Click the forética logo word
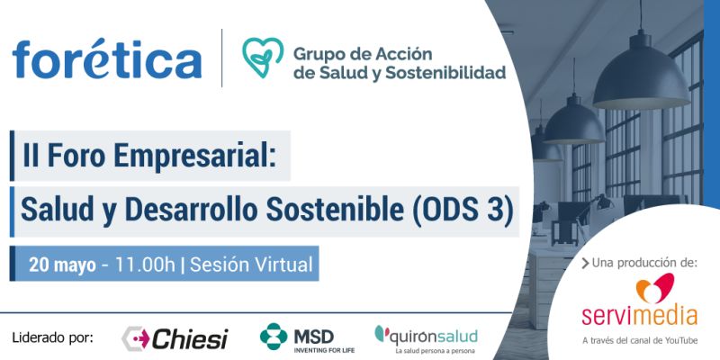106,59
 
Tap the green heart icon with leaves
263,57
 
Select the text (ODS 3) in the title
463,211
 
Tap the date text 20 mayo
62,265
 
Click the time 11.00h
145,265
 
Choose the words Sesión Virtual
251,265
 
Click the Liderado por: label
52,338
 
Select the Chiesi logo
175,339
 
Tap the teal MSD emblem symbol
274,336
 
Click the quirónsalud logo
426,337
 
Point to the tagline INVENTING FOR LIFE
324,350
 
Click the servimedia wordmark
639,317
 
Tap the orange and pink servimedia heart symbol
655,288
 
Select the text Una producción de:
640,263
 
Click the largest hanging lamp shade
642,77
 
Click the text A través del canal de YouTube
640,341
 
